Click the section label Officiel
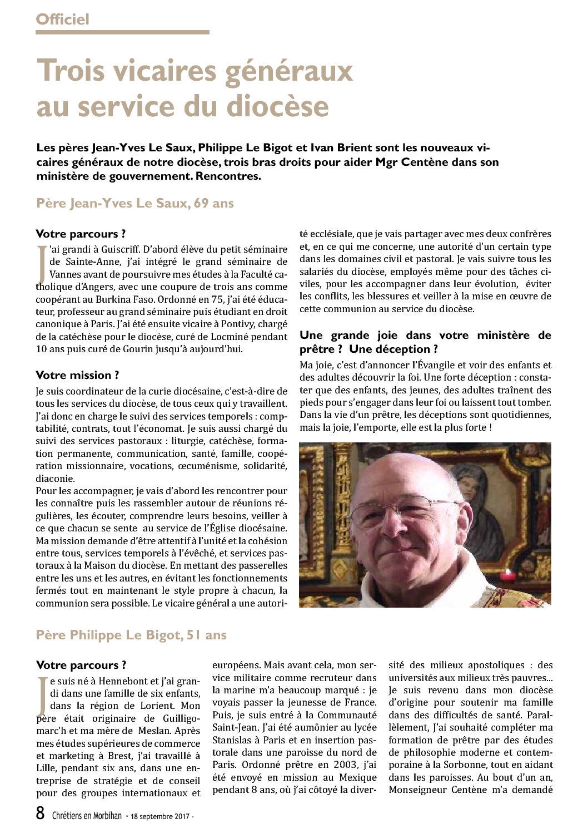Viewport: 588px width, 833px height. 62,19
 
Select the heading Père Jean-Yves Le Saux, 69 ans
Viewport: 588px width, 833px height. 135,203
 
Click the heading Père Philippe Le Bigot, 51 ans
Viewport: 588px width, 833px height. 131,635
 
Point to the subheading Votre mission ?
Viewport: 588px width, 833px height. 77,375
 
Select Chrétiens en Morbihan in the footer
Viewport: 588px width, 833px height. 87,816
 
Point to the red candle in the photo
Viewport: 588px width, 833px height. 505,575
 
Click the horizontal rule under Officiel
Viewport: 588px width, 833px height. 122,32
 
